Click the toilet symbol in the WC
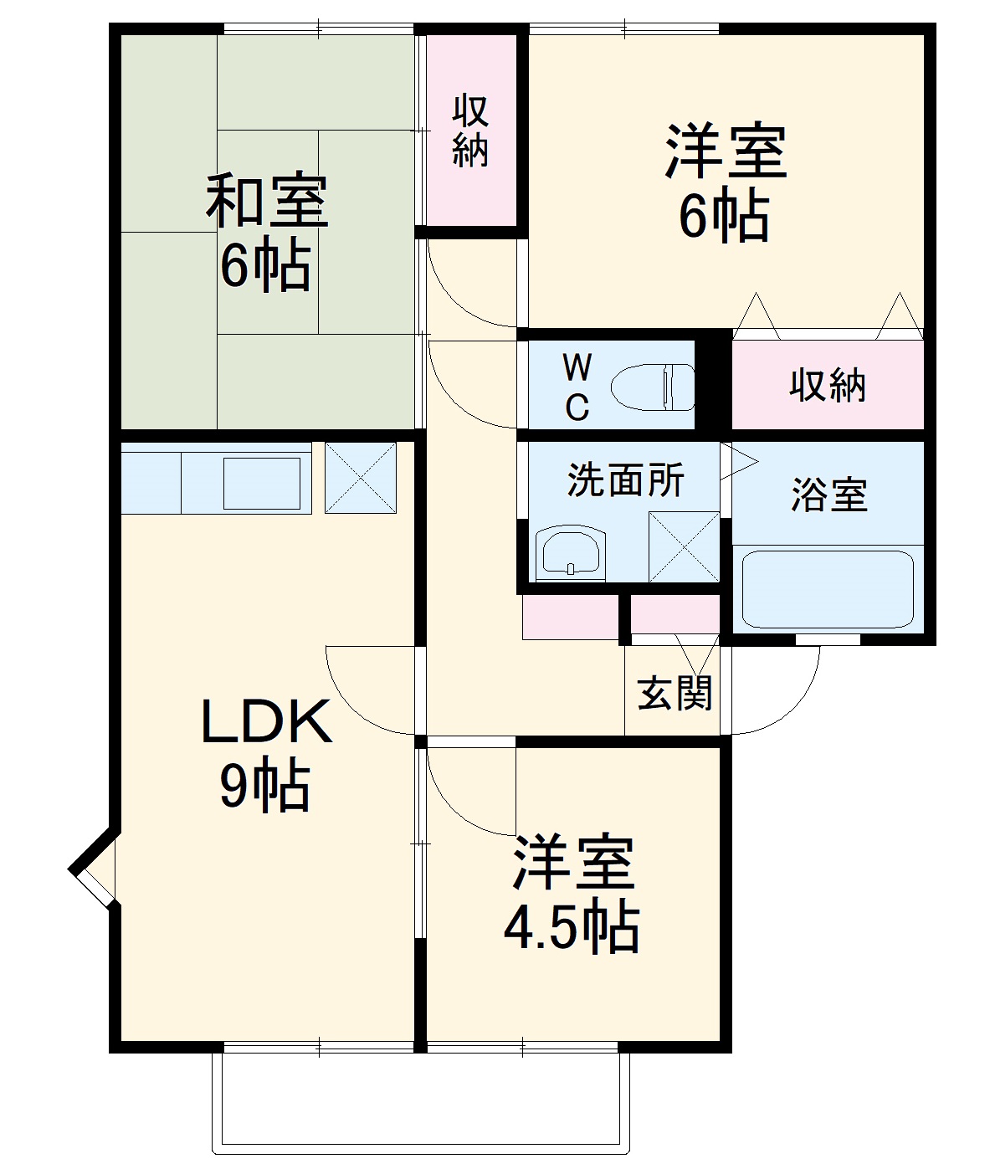click(653, 387)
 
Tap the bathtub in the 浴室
click(827, 588)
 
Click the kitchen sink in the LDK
click(261, 483)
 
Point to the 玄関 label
click(675, 693)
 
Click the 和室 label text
click(267, 201)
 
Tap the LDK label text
click(266, 722)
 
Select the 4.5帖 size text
click(571, 926)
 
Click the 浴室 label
click(828, 495)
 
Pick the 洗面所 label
click(625, 479)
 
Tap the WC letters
click(577, 387)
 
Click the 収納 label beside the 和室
click(470, 131)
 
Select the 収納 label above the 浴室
click(827, 385)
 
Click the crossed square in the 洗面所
click(684, 546)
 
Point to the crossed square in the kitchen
click(360, 477)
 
